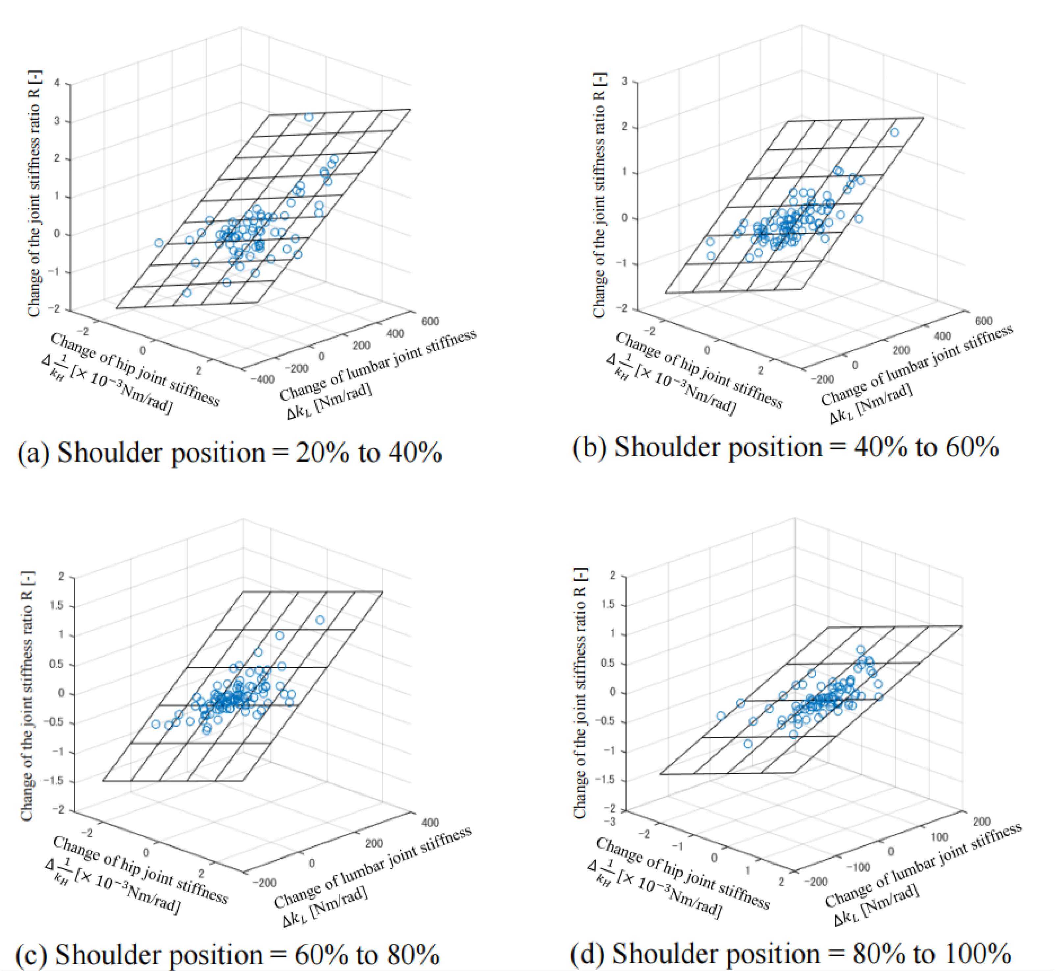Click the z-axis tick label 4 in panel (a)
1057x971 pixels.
pyautogui.click(x=57, y=83)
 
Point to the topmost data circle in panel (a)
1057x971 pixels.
pyautogui.click(x=309, y=117)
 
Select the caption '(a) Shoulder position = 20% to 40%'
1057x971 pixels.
pyautogui.click(x=230, y=452)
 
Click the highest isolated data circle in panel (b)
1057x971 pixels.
pyautogui.click(x=894, y=132)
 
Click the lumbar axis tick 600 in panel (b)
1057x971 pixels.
pyautogui.click(x=984, y=321)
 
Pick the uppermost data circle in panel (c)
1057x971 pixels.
pyautogui.click(x=320, y=620)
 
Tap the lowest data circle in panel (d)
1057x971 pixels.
pyautogui.click(x=748, y=744)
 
